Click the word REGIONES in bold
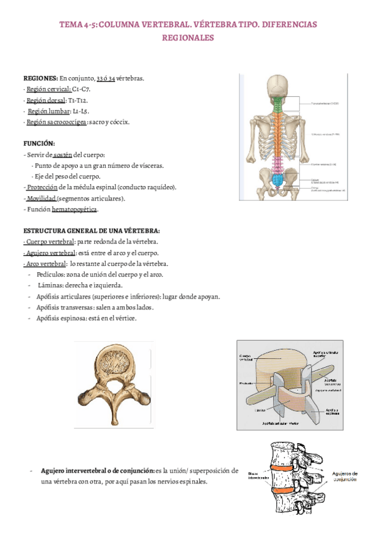click(40, 78)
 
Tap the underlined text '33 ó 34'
click(106, 78)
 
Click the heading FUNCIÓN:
click(39, 144)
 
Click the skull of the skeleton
click(276, 87)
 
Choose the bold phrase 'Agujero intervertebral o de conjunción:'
click(97, 471)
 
